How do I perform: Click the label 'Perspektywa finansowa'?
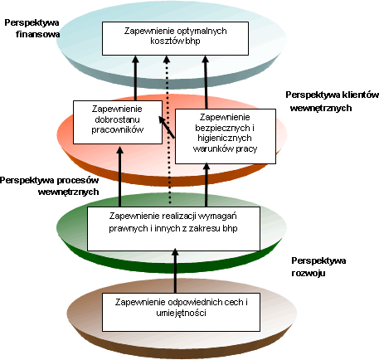pyautogui.click(x=32, y=28)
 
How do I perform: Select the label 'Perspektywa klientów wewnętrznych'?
pyautogui.click(x=332, y=101)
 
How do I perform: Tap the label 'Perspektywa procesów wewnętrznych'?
pyautogui.click(x=50, y=186)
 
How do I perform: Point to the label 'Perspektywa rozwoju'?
pyautogui.click(x=318, y=267)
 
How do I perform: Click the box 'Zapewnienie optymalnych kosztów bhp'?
pyautogui.click(x=175, y=39)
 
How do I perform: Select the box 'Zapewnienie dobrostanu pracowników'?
pyautogui.click(x=118, y=122)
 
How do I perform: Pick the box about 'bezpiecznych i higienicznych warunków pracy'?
pyautogui.click(x=226, y=136)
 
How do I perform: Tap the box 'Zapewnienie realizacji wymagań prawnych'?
pyautogui.click(x=173, y=229)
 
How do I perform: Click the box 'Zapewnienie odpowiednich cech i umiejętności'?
pyautogui.click(x=181, y=312)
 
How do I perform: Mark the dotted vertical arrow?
pyautogui.click(x=168, y=130)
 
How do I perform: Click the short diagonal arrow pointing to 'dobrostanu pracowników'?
pyautogui.click(x=167, y=127)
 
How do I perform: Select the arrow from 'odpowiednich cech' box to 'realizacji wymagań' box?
pyautogui.click(x=175, y=270)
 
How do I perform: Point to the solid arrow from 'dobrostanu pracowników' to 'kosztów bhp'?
pyautogui.click(x=135, y=78)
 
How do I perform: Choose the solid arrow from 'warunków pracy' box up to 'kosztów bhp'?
pyautogui.click(x=206, y=82)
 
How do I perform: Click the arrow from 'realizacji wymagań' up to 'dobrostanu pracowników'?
pyautogui.click(x=119, y=177)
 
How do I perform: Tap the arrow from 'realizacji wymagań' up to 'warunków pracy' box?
pyautogui.click(x=207, y=185)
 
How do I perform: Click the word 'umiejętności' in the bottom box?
pyautogui.click(x=181, y=314)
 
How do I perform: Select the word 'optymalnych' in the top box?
pyautogui.click(x=202, y=31)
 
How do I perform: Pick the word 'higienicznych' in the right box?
pyautogui.click(x=225, y=138)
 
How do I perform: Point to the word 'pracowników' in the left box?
pyautogui.click(x=118, y=130)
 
